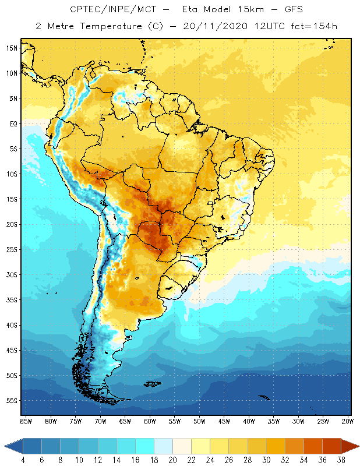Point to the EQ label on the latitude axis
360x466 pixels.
[x=13, y=123]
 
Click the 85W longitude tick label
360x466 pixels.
[x=26, y=421]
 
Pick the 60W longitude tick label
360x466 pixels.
[x=150, y=421]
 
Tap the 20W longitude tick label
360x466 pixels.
[x=348, y=421]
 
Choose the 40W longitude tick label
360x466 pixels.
[x=249, y=421]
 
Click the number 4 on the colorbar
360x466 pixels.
[x=23, y=459]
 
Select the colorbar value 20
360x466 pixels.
[x=172, y=459]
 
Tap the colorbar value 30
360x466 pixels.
[x=266, y=459]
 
